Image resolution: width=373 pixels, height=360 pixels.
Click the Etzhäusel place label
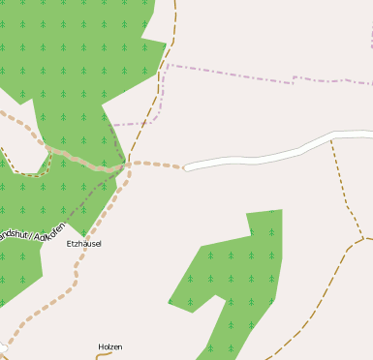coord(83,244)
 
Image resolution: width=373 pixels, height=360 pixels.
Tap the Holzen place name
coord(110,346)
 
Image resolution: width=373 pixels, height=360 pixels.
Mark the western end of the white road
coord(186,167)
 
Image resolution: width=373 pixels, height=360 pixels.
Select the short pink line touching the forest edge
coord(126,124)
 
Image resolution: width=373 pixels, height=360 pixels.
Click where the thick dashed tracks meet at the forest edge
coord(127,165)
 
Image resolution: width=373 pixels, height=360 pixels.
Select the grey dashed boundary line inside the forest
coord(97,194)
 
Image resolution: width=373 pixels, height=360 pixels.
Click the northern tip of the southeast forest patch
coord(278,210)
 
